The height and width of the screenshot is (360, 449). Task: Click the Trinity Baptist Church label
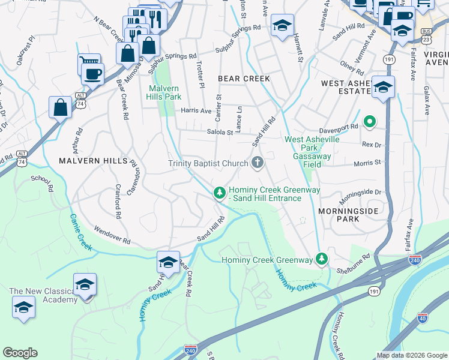tap(208, 163)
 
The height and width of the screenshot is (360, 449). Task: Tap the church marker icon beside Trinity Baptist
tap(258, 163)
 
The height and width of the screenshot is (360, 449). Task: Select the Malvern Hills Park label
tap(164, 92)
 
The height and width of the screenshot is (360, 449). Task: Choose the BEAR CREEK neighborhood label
tap(244, 79)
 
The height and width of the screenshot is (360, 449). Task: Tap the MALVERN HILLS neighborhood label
tap(93, 161)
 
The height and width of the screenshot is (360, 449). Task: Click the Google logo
tap(20, 353)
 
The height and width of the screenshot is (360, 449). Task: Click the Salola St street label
tap(220, 132)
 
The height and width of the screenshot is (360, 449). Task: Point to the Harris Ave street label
tap(196, 110)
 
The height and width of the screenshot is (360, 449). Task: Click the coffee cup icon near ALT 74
tap(92, 74)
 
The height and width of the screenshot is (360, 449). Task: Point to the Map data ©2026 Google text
tap(411, 355)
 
